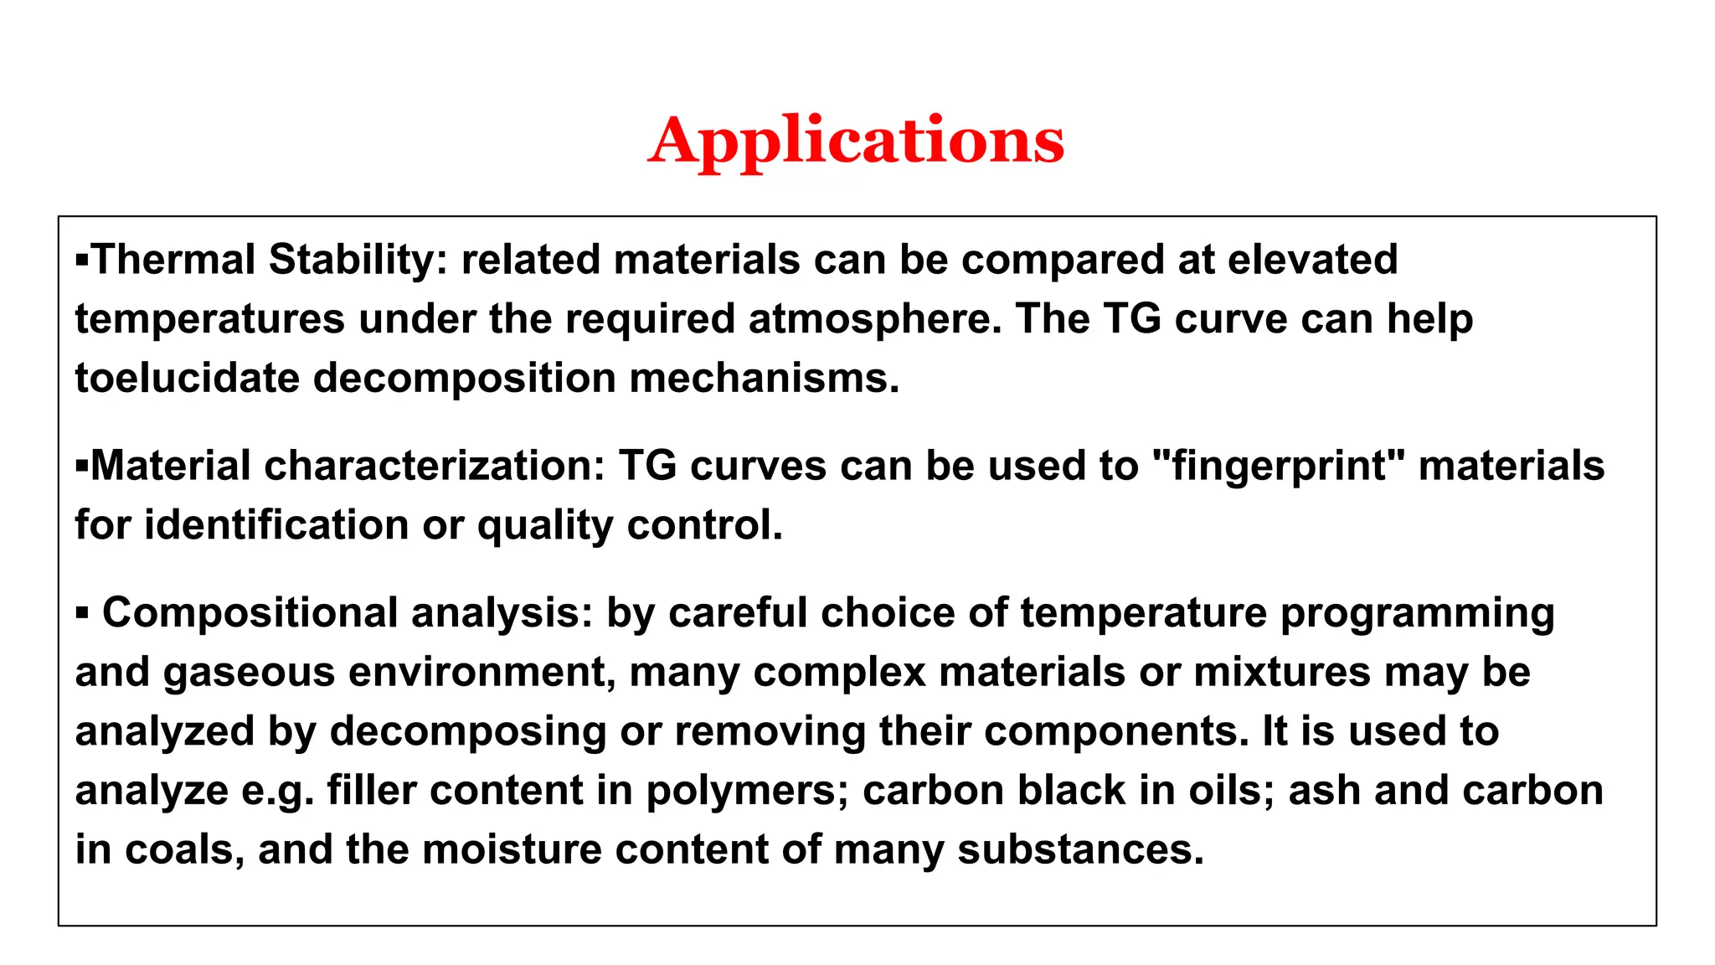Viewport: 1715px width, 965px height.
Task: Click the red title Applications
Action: (856, 141)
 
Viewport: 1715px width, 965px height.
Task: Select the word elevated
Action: (1312, 260)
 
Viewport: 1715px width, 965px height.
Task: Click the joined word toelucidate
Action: (187, 378)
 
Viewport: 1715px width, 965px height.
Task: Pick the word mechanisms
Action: (764, 378)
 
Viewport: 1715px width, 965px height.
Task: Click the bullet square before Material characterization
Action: (81, 465)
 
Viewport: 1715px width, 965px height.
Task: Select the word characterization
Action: (434, 466)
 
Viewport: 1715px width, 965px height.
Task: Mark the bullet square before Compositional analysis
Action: (81, 613)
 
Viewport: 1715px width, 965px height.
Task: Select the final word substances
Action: (1080, 849)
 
